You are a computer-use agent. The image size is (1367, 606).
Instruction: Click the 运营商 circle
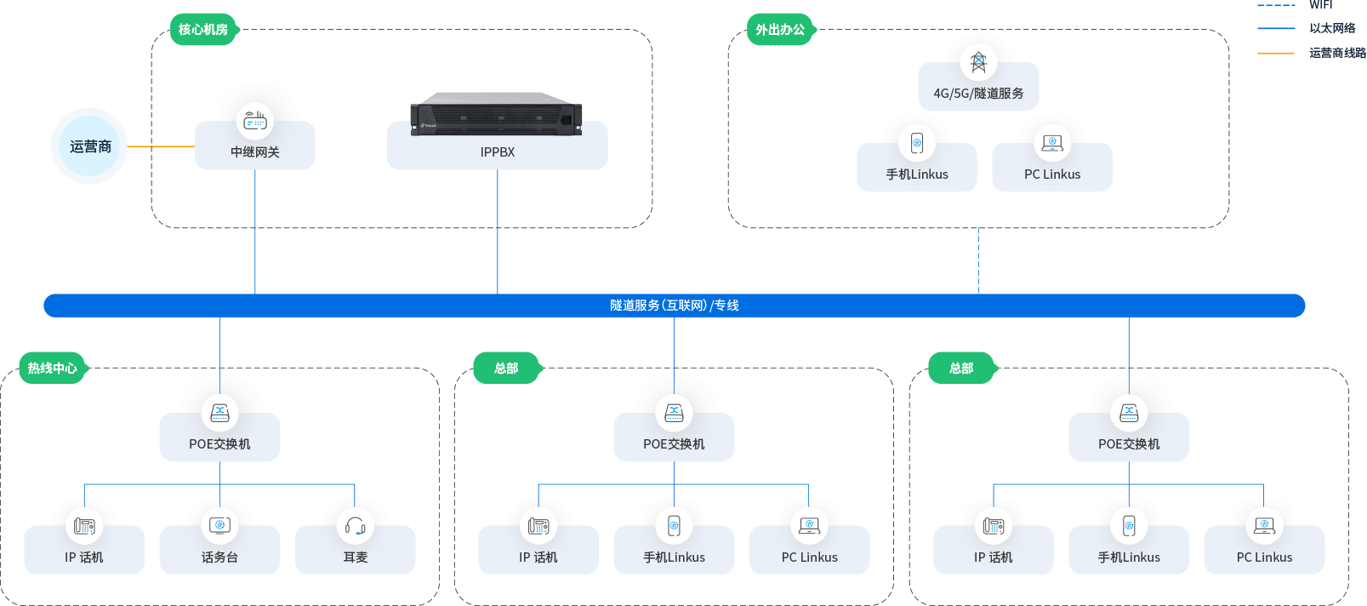pos(90,146)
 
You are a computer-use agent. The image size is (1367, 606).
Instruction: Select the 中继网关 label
pos(255,152)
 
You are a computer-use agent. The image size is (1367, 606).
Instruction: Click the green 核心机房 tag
pos(203,30)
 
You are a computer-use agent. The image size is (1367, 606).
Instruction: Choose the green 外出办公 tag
pos(780,30)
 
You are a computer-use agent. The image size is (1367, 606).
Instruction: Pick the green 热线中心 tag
pos(53,369)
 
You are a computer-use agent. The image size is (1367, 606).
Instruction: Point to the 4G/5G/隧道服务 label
pos(978,94)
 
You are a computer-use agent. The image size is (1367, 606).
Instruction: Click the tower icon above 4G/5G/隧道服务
pos(978,61)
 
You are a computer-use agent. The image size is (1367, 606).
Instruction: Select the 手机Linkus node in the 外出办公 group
pos(917,162)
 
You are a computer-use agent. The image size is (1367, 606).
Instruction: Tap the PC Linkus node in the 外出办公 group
pos(1052,162)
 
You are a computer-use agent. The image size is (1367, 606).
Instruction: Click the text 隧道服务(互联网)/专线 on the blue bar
pos(674,306)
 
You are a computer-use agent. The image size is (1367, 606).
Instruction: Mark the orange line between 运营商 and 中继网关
pos(162,146)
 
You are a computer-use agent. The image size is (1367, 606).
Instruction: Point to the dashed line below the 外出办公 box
pos(978,260)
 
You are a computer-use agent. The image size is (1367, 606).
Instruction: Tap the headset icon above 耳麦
pos(355,526)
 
